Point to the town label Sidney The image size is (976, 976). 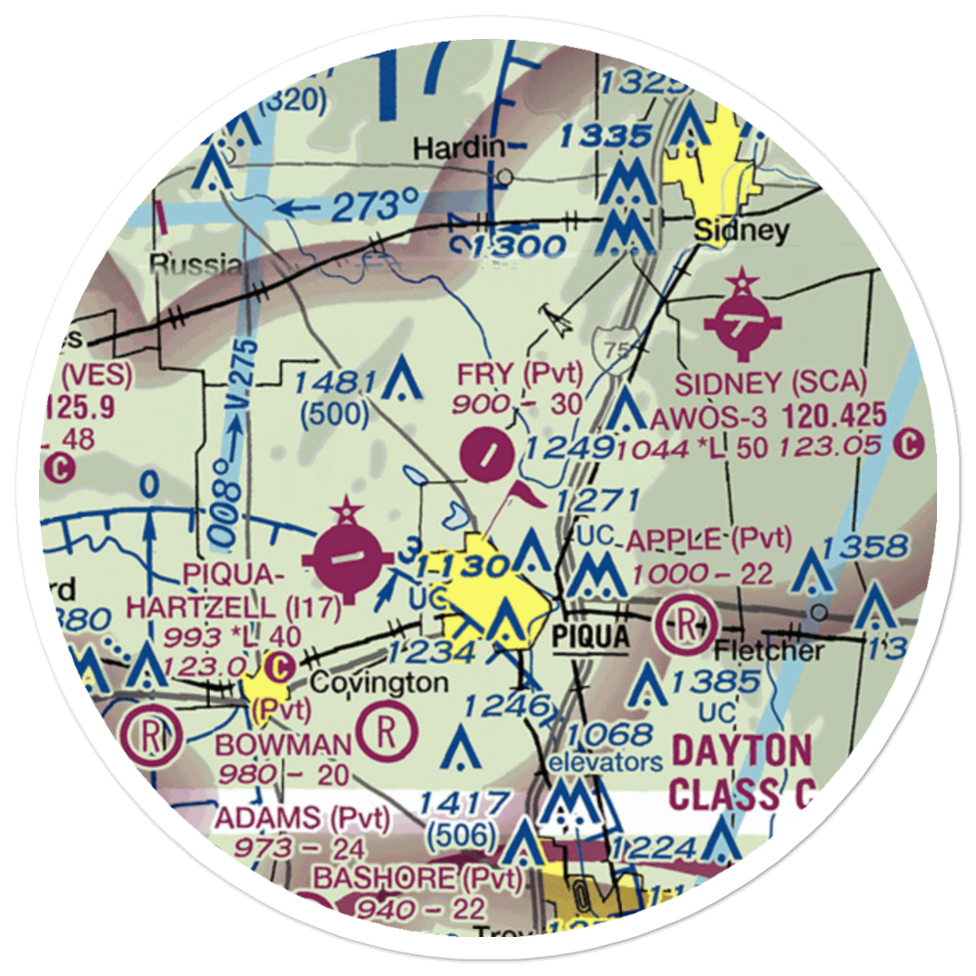coord(741,230)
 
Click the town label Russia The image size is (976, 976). coord(195,264)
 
